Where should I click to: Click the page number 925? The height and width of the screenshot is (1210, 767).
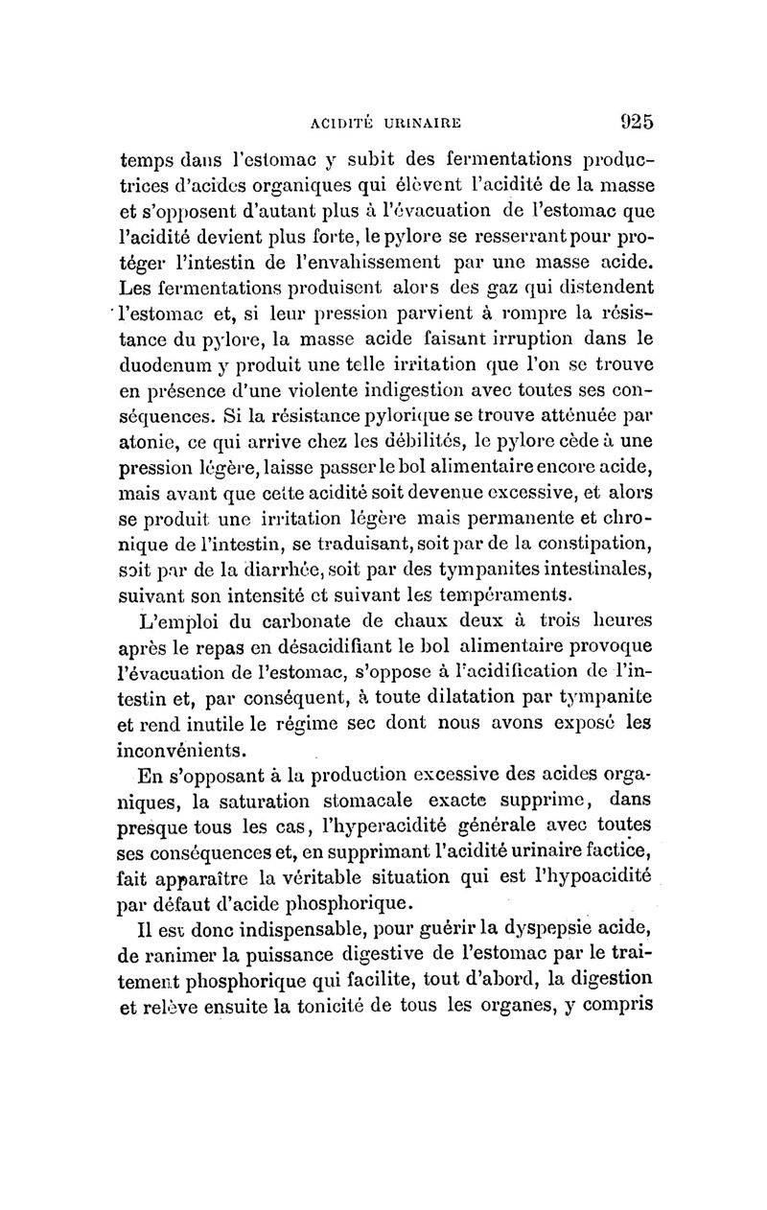click(624, 122)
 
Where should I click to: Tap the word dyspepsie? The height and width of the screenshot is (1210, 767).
click(537, 929)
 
